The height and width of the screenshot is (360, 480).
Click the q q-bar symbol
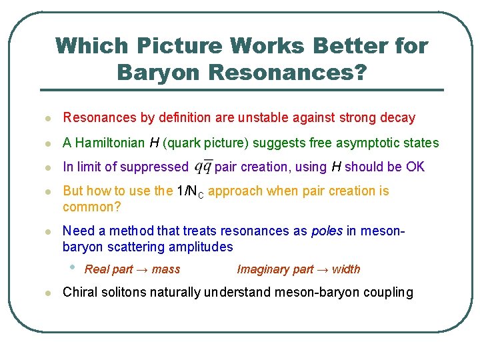203,167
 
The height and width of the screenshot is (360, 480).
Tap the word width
345,269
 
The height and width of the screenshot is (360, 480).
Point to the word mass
165,269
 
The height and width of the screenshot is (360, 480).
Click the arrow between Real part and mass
143,269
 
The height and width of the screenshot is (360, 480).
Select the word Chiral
79,292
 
